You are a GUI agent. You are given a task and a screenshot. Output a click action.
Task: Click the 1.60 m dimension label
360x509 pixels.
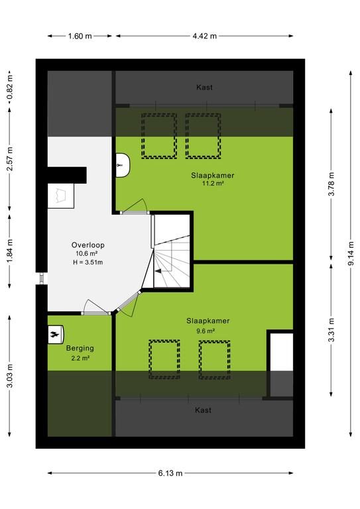[x=80, y=36]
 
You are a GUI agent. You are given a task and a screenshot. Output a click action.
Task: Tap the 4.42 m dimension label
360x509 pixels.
[x=204, y=36]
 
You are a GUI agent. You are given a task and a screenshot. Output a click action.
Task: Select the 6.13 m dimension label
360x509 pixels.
[x=170, y=473]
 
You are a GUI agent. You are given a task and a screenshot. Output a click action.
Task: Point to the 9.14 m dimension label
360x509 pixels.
[x=351, y=254]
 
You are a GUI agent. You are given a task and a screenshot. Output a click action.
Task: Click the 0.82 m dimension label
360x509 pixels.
[x=10, y=87]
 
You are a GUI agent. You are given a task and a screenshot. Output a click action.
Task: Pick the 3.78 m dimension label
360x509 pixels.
[x=331, y=184]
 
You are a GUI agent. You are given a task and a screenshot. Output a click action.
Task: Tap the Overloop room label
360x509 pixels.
[x=88, y=245]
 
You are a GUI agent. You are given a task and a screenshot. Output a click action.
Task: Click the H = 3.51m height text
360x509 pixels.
[x=88, y=262]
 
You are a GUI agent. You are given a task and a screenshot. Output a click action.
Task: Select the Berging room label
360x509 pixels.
[x=80, y=349]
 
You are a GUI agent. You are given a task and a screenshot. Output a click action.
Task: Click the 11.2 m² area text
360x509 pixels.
[x=213, y=184]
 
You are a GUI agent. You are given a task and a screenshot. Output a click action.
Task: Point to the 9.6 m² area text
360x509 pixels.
[x=206, y=331]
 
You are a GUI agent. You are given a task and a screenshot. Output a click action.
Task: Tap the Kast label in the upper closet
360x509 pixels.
[x=204, y=87]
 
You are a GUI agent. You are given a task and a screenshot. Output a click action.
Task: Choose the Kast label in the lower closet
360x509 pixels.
[x=204, y=410]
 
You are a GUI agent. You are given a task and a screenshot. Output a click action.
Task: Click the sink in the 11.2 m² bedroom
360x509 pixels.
[x=123, y=165]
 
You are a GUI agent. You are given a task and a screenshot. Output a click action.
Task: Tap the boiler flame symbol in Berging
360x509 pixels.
[x=54, y=334]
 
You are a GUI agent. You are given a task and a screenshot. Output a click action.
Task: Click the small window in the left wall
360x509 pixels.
[x=42, y=278]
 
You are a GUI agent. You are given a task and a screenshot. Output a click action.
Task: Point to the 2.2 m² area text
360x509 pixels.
[x=80, y=359]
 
